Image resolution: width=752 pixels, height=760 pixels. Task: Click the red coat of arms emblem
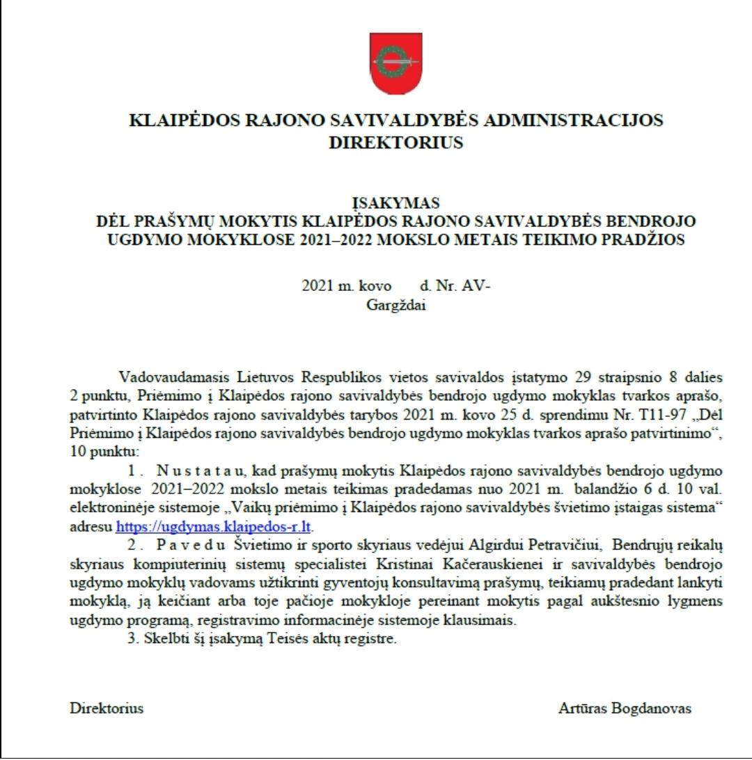point(395,63)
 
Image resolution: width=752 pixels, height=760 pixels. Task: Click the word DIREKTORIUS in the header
point(395,143)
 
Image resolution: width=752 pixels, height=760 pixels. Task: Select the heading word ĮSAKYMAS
point(395,203)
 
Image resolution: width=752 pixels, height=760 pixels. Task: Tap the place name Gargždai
point(395,304)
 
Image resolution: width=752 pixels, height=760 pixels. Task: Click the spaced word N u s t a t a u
point(205,470)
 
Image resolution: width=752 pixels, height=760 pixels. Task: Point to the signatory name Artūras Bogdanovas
point(625,708)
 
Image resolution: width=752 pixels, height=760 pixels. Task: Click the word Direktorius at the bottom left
point(107,708)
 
